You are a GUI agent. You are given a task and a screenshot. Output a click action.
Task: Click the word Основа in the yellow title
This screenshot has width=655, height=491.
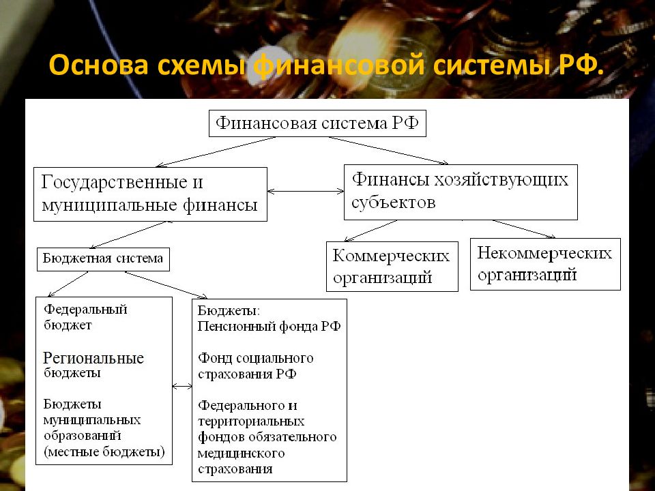click(98, 65)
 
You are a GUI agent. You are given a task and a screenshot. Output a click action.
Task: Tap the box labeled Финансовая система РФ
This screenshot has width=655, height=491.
click(317, 123)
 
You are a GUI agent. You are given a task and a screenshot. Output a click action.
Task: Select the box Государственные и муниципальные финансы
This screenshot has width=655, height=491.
click(150, 194)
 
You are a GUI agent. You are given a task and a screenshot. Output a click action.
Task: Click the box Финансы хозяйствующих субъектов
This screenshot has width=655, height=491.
click(461, 192)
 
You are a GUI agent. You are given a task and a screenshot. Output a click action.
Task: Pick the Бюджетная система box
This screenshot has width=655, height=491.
click(103, 259)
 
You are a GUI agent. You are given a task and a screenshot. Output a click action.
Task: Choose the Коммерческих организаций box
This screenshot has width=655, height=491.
click(392, 267)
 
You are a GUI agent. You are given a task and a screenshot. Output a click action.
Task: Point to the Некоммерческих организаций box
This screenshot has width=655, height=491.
click(546, 265)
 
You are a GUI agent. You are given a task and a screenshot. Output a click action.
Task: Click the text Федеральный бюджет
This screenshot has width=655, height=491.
click(85, 317)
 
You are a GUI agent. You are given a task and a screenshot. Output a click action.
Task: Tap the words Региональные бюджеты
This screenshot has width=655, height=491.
click(93, 364)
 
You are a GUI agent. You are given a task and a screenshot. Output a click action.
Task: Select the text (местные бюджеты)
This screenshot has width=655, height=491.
click(104, 451)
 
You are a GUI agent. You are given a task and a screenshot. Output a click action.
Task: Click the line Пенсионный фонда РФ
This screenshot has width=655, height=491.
click(269, 326)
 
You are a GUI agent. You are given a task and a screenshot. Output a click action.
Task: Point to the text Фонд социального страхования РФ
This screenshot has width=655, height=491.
click(256, 366)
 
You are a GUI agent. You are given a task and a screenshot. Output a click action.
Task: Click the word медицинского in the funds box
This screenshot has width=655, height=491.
click(241, 453)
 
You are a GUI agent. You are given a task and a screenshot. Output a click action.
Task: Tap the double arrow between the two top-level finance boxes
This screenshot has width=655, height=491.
click(306, 192)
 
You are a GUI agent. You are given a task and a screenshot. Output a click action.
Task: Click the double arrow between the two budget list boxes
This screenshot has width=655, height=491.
click(183, 387)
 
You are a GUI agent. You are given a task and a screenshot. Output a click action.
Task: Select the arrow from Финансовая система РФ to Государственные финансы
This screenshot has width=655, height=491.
click(216, 152)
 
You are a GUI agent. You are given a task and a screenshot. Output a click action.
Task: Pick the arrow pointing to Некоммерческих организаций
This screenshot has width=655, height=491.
click(524, 229)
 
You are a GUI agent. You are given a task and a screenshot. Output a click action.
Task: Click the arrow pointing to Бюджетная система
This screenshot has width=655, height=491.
click(129, 235)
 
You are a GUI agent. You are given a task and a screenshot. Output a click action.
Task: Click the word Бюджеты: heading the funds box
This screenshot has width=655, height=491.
click(229, 311)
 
